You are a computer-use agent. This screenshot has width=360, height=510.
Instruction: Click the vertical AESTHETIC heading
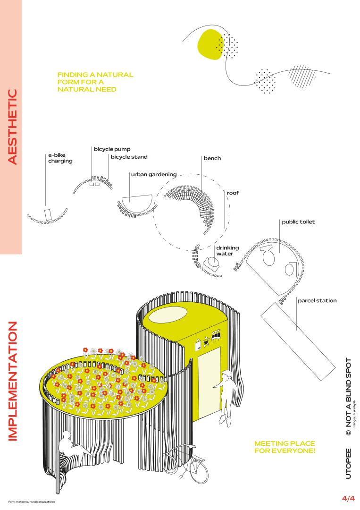tap(12, 127)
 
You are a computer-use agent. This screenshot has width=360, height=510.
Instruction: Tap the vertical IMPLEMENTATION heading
tap(12, 381)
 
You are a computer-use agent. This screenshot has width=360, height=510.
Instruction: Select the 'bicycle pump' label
tap(112, 149)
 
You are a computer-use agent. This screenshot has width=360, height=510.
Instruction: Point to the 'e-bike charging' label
tap(60, 158)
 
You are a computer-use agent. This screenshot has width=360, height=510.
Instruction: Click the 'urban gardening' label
tap(154, 175)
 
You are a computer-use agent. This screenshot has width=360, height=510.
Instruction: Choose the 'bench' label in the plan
tap(212, 158)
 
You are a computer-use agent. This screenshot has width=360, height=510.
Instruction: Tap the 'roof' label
tap(233, 193)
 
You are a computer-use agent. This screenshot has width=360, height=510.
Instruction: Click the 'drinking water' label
tap(227, 251)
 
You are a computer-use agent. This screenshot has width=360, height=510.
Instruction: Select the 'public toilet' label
tap(298, 222)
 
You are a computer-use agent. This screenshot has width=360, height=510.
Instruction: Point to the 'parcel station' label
tap(317, 300)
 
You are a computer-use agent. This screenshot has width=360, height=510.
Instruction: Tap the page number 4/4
tap(348, 498)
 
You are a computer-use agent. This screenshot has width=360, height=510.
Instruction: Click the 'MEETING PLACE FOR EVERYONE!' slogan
tap(285, 447)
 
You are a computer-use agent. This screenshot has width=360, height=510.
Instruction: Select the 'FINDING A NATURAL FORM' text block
tap(95, 82)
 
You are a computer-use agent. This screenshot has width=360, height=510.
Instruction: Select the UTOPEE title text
tap(348, 464)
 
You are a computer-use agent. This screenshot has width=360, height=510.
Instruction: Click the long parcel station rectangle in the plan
tap(298, 341)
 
